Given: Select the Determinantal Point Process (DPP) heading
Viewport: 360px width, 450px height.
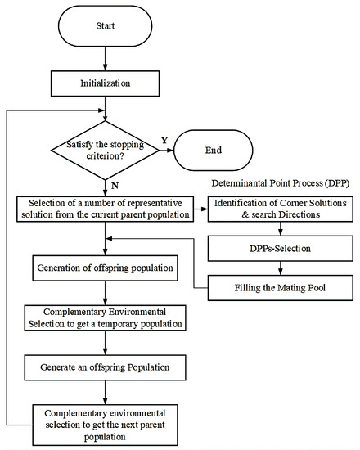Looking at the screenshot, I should point(282,185).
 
